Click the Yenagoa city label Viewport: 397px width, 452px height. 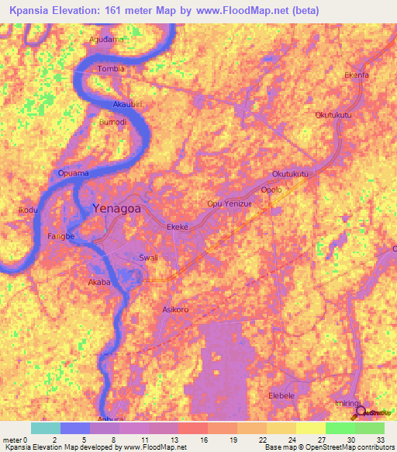pyautogui.click(x=118, y=208)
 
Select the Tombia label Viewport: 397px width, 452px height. pyautogui.click(x=109, y=69)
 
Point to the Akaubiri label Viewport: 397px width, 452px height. pyautogui.click(x=128, y=103)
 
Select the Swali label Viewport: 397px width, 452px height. pyautogui.click(x=147, y=257)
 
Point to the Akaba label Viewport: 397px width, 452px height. pyautogui.click(x=99, y=283)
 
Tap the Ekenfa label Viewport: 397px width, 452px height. pyautogui.click(x=357, y=75)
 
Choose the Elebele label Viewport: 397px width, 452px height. pyautogui.click(x=281, y=395)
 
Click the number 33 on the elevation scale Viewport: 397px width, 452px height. pyautogui.click(x=380, y=440)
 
